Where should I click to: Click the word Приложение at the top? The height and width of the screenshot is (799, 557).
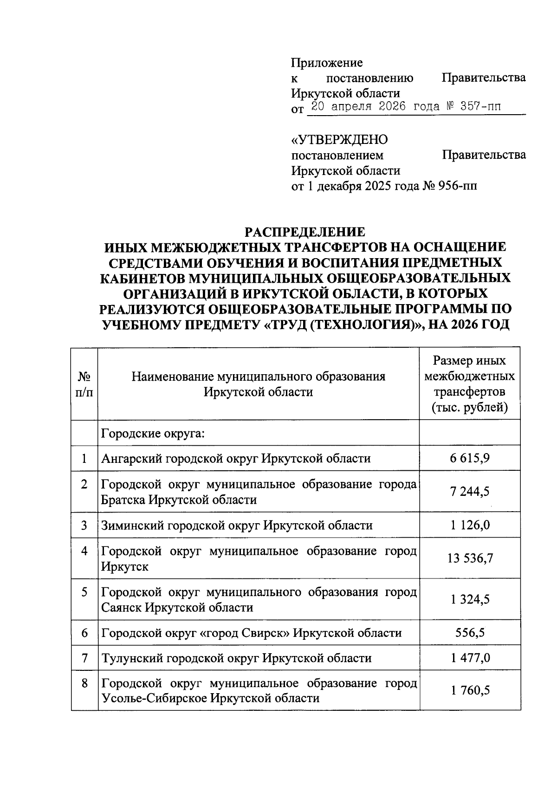tap(327, 63)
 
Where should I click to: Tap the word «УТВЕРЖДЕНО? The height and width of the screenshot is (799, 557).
tap(339, 139)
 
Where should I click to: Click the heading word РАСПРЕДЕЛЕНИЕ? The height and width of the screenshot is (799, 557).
tap(305, 231)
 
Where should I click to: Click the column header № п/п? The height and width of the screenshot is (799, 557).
tap(84, 383)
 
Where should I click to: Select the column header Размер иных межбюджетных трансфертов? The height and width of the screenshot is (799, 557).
tap(469, 384)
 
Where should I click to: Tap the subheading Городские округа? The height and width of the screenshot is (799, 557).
tap(153, 434)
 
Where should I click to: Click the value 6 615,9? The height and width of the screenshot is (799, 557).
tap(469, 459)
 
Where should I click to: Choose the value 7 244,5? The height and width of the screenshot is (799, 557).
tap(469, 492)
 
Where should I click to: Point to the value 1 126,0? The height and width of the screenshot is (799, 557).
tap(469, 525)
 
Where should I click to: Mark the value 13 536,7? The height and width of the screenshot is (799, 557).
tap(469, 558)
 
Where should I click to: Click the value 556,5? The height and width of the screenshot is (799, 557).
tap(469, 632)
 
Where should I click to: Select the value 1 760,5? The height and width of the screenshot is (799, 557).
tap(469, 690)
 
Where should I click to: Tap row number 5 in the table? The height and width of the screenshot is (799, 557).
tap(84, 592)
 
